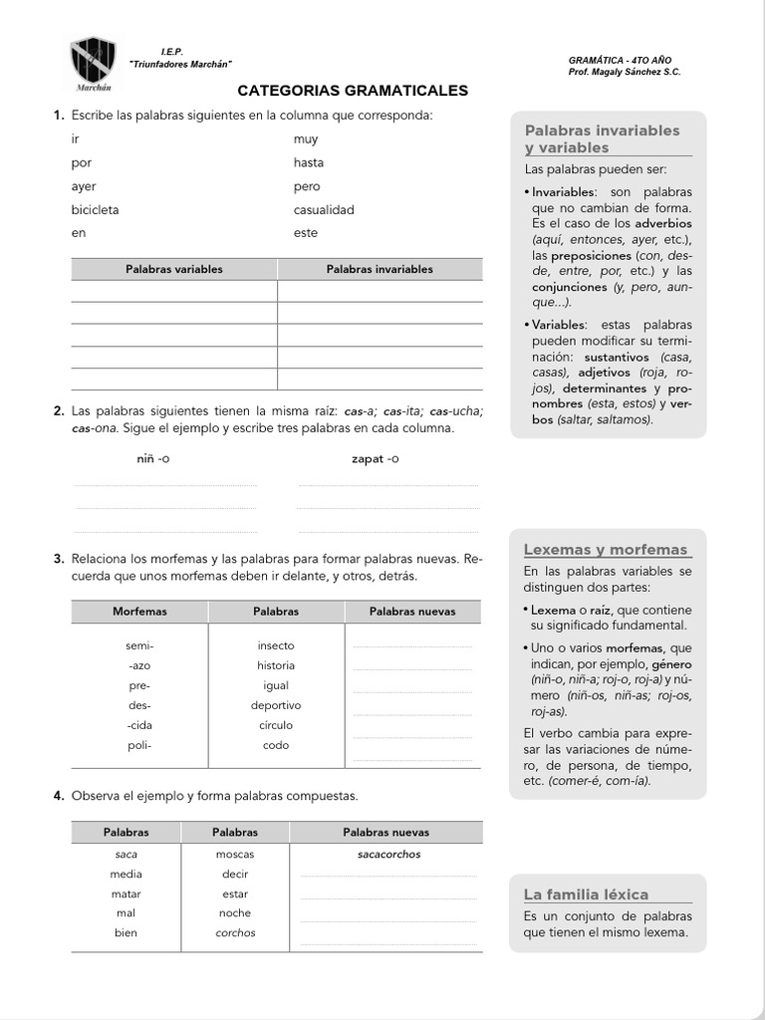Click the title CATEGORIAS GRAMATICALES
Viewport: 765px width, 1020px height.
pos(353,91)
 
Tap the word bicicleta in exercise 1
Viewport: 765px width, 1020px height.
pos(96,210)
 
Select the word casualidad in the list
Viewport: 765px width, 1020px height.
pos(324,210)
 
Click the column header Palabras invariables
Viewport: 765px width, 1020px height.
pos(380,269)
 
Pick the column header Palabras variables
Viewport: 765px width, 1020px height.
pos(174,269)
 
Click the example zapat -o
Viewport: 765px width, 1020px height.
pos(376,459)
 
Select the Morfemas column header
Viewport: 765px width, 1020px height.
pos(139,611)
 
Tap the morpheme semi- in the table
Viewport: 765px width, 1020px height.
pos(139,645)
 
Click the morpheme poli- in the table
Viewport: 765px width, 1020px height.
pos(139,745)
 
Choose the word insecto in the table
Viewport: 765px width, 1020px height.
pos(276,645)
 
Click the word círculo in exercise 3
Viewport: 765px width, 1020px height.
pos(276,725)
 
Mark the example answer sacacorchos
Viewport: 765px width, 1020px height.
pos(388,855)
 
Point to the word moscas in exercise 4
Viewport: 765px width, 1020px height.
pos(235,855)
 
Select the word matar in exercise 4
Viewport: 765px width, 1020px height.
pos(126,893)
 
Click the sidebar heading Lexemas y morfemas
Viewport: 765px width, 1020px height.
pos(606,550)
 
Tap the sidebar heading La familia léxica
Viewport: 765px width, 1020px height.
pos(586,894)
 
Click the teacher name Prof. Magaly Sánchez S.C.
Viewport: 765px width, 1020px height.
pos(625,73)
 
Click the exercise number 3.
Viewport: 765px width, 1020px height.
pos(60,559)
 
